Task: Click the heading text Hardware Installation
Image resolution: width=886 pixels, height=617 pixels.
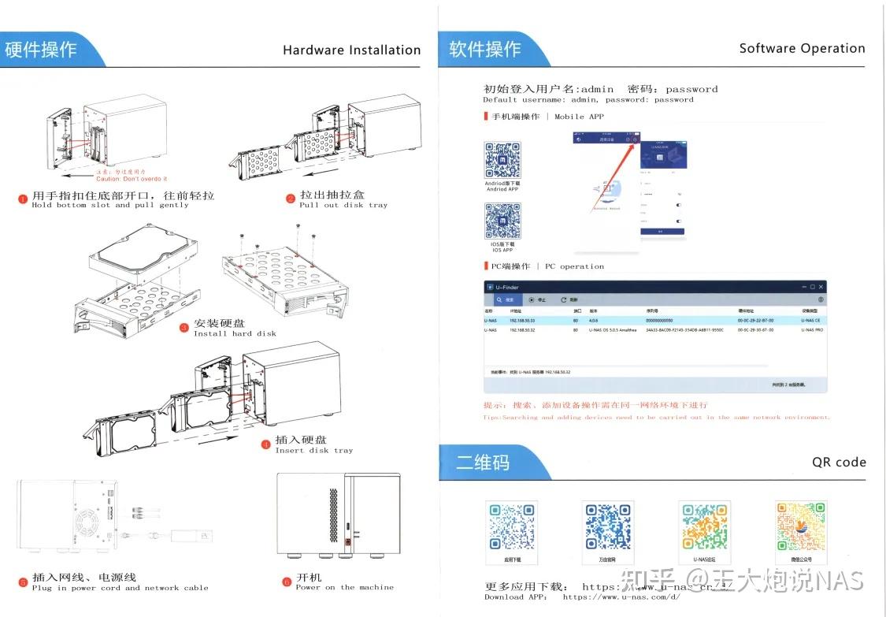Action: pyautogui.click(x=351, y=50)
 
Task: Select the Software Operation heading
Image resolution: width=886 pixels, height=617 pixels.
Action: pyautogui.click(x=802, y=48)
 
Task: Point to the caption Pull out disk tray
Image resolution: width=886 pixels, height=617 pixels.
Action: pyautogui.click(x=343, y=205)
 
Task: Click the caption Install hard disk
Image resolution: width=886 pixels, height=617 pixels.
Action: pyautogui.click(x=235, y=333)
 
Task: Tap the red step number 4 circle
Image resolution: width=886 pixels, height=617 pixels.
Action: pyautogui.click(x=265, y=444)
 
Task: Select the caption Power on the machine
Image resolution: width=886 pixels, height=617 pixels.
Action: pyautogui.click(x=344, y=587)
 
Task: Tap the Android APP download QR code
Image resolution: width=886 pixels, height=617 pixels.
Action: pyautogui.click(x=502, y=161)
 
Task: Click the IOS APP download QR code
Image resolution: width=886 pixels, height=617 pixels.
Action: pyautogui.click(x=502, y=221)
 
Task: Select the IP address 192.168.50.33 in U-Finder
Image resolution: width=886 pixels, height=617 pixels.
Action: pyautogui.click(x=522, y=321)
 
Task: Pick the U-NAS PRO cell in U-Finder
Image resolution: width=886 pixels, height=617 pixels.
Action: pyautogui.click(x=812, y=330)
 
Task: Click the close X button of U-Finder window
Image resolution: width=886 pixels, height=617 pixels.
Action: pyautogui.click(x=821, y=287)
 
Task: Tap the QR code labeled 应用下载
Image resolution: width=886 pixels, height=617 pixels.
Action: pyautogui.click(x=512, y=526)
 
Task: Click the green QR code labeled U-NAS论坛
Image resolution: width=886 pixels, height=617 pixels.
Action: pyautogui.click(x=704, y=526)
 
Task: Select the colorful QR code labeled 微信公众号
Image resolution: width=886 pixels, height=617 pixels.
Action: pyautogui.click(x=801, y=526)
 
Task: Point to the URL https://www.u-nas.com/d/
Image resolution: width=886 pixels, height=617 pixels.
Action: pyautogui.click(x=621, y=597)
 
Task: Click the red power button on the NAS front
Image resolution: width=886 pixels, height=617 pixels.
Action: pyautogui.click(x=347, y=541)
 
